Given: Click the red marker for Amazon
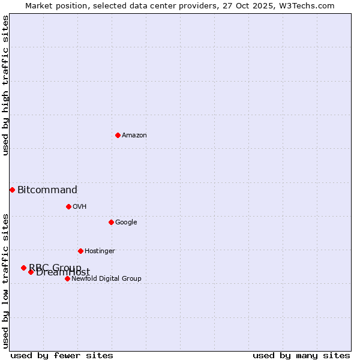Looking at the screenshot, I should (118, 135).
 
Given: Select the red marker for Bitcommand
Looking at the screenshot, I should (12, 190).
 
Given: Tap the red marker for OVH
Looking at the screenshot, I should (68, 206).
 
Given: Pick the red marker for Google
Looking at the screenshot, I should (111, 222).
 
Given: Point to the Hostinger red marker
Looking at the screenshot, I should (80, 251).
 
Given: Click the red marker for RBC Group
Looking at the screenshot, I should (23, 268).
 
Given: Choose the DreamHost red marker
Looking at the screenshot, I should (31, 272).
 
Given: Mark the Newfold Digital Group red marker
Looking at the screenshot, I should (67, 278).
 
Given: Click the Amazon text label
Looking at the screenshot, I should (134, 136).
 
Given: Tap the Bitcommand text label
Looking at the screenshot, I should (47, 190).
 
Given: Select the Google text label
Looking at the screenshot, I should (126, 223).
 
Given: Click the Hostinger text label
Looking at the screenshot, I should (100, 251).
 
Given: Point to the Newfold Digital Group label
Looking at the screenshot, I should (106, 279).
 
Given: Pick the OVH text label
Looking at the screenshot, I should (80, 207).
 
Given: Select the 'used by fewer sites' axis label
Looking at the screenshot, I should (62, 355).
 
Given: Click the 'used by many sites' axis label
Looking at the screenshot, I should (301, 355).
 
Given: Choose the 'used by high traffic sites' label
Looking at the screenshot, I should (5, 86).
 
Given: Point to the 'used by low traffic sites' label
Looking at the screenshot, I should (5, 281).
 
